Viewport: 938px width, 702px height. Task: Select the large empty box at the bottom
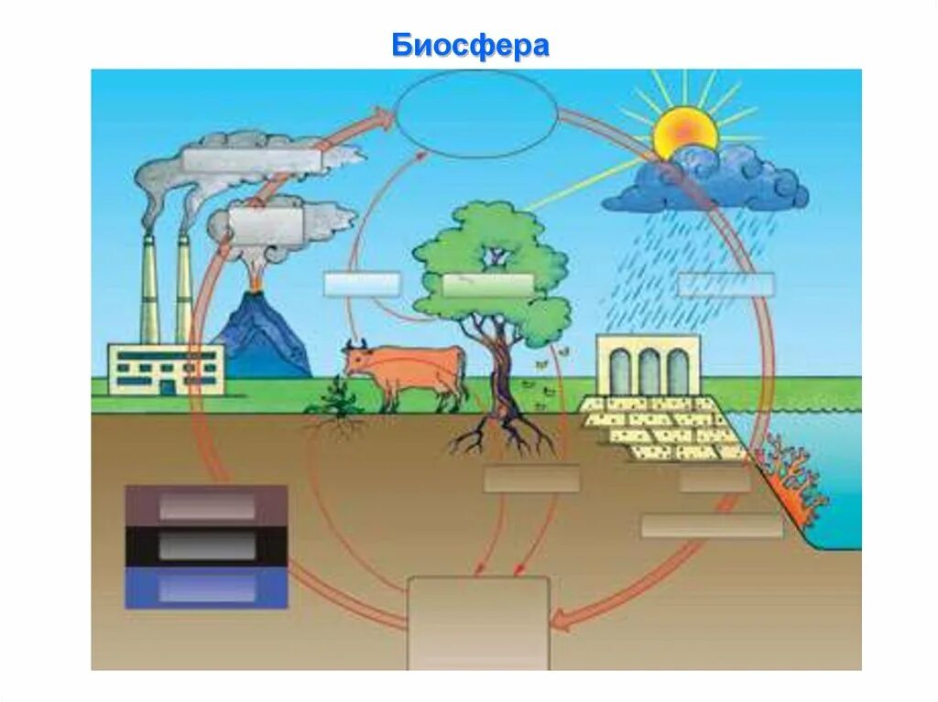[478, 622]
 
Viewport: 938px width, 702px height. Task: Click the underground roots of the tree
[502, 435]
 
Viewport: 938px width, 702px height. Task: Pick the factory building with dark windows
[165, 368]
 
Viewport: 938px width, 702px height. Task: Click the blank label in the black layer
[206, 546]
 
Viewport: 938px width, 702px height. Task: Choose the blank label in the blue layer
[206, 589]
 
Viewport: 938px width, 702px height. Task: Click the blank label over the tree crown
[486, 285]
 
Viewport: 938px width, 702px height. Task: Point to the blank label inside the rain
[725, 285]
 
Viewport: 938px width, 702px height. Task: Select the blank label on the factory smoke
[252, 160]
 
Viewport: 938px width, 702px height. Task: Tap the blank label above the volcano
[267, 224]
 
